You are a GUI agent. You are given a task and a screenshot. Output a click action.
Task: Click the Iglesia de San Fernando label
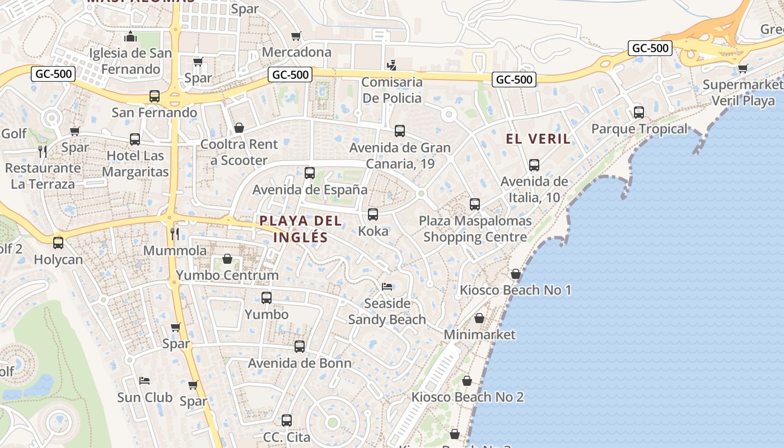[x=130, y=61]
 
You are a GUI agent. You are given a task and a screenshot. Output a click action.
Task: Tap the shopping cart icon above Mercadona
[x=296, y=36]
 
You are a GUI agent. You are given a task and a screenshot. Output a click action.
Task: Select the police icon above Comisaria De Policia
[x=391, y=65]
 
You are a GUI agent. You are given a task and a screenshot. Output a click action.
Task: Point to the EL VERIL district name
[x=538, y=139]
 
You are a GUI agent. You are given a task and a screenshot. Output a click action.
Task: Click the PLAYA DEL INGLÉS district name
[x=301, y=228]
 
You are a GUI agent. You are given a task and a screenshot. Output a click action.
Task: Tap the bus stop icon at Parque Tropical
[x=638, y=112]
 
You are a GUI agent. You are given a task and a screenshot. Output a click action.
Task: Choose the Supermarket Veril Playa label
[x=743, y=92]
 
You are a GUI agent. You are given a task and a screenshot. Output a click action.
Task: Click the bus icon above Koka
[x=373, y=214]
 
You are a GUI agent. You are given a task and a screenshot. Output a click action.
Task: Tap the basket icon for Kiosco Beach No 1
[x=515, y=274]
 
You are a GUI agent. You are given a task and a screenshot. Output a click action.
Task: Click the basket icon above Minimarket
[x=479, y=318]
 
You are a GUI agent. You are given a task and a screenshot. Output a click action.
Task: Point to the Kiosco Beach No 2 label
[x=468, y=397]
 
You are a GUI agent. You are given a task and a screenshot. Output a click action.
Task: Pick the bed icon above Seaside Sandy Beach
[x=387, y=287]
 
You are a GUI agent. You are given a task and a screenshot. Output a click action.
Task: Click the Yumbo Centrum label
[x=227, y=275]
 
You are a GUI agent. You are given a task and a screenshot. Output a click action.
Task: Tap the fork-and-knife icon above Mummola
[x=175, y=234]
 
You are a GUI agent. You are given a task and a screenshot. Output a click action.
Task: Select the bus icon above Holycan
[x=58, y=243]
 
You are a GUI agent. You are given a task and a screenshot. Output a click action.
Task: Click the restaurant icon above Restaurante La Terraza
[x=42, y=151]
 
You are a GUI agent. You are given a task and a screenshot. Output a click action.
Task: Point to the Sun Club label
[x=144, y=398]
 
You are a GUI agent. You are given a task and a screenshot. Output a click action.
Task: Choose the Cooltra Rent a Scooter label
[x=239, y=152]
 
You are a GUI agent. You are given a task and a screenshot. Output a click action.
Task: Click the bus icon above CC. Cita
[x=287, y=420]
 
